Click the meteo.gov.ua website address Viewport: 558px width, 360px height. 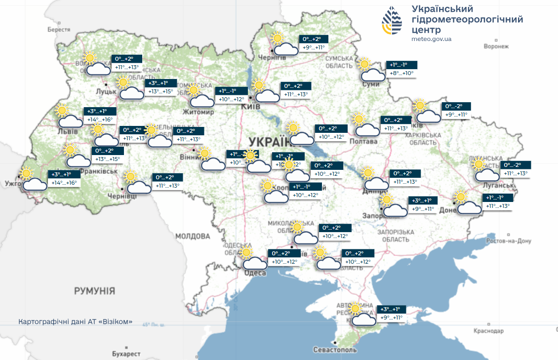(x=431, y=39)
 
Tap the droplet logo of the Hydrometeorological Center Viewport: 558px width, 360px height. (x=392, y=22)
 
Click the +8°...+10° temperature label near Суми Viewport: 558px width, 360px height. (x=401, y=74)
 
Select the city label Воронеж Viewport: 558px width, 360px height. (x=496, y=46)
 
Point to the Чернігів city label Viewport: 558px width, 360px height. (x=275, y=58)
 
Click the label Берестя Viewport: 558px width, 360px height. (x=59, y=30)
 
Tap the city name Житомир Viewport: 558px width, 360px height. (x=199, y=112)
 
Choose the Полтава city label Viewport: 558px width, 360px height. (x=363, y=142)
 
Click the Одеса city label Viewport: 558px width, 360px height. (x=255, y=273)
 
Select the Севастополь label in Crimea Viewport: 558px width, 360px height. (x=334, y=350)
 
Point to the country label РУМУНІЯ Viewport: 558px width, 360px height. (x=94, y=290)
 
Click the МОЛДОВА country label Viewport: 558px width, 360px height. (x=193, y=236)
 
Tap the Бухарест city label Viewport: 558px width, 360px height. (x=126, y=354)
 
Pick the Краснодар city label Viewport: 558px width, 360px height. (x=489, y=330)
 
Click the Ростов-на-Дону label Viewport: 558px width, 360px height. (x=508, y=241)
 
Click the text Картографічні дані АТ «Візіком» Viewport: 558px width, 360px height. (x=75, y=321)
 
